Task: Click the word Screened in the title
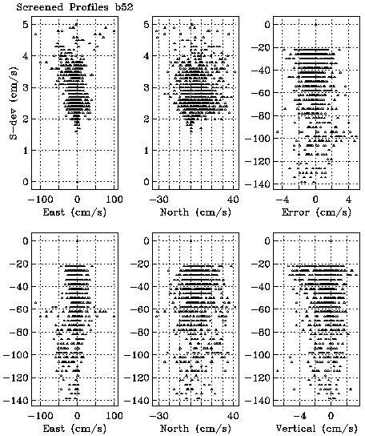(x=40, y=6)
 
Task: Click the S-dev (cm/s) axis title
(x=14, y=103)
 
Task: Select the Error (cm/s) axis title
(x=316, y=212)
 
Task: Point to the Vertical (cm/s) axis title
(x=316, y=429)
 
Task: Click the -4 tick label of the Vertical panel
(x=299, y=416)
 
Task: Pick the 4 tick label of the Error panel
(x=348, y=200)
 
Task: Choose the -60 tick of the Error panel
(x=261, y=93)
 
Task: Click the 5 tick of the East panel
(x=26, y=25)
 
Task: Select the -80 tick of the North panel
(x=140, y=332)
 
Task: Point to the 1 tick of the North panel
(x=146, y=151)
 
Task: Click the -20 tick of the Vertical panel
(x=261, y=264)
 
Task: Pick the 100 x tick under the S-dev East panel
(x=114, y=200)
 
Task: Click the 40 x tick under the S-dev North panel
(x=233, y=200)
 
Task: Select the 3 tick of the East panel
(x=26, y=87)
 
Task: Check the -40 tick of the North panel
(x=140, y=286)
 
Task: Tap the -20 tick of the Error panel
(x=261, y=47)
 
